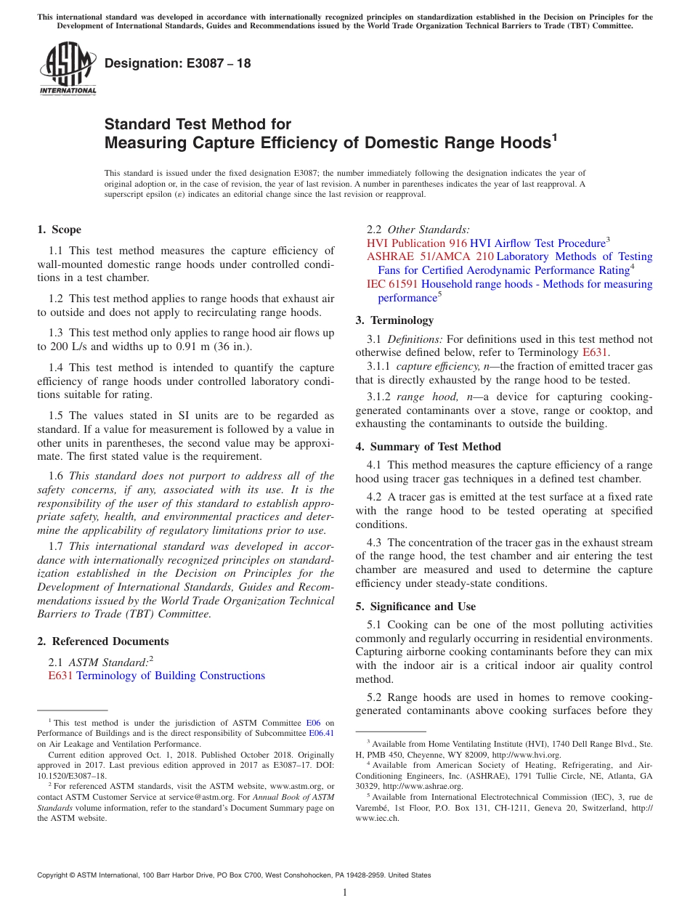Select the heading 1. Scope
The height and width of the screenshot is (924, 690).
click(x=59, y=230)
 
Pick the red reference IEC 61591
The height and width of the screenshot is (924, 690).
click(x=392, y=284)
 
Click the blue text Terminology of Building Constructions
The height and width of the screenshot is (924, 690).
click(x=170, y=676)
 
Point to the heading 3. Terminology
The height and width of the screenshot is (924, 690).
click(x=394, y=320)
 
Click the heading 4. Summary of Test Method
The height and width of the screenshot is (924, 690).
click(x=428, y=447)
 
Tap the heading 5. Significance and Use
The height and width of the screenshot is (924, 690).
click(x=415, y=607)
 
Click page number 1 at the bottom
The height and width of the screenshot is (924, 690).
click(x=345, y=892)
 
